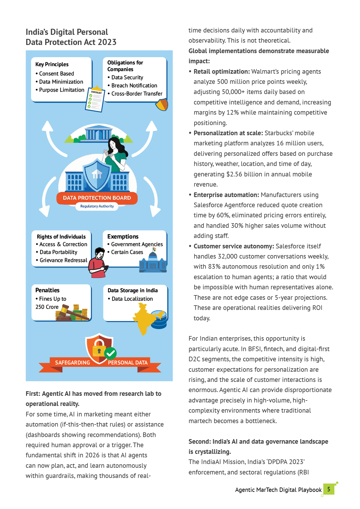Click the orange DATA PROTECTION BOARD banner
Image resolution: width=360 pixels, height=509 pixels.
click(x=97, y=198)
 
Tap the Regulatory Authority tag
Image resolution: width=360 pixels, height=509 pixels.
click(x=97, y=206)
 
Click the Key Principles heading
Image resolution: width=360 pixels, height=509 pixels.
click(x=52, y=64)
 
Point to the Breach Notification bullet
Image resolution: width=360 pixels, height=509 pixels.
click(x=134, y=86)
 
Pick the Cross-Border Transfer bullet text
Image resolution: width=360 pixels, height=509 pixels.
click(x=137, y=94)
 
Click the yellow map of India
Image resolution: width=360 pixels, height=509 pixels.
click(x=144, y=318)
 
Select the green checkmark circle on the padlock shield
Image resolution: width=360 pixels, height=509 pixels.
click(x=110, y=353)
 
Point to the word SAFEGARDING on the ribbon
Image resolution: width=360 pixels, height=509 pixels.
click(x=73, y=363)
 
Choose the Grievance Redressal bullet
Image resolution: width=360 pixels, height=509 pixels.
click(x=63, y=260)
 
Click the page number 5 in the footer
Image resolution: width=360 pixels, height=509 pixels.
click(x=329, y=489)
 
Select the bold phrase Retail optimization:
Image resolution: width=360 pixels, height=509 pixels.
click(x=222, y=72)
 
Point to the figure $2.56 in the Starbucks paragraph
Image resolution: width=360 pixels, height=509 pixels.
click(x=234, y=174)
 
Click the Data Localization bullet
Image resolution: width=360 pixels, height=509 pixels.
click(x=132, y=299)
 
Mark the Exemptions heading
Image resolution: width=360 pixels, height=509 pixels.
click(x=123, y=237)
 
